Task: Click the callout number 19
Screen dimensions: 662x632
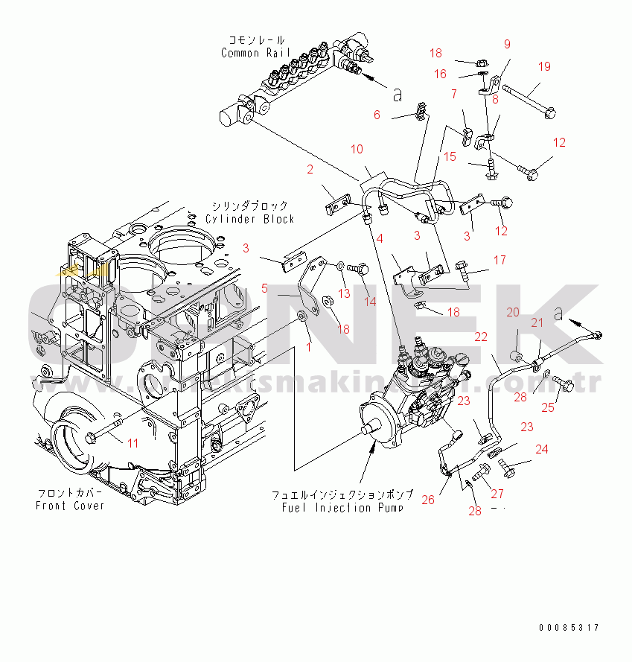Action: coord(544,67)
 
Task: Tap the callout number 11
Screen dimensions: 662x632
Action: coord(133,443)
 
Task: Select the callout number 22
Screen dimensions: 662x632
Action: coord(481,337)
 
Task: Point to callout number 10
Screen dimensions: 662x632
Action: coord(357,150)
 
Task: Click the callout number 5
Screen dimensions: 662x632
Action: coord(264,288)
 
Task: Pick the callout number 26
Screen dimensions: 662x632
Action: coord(377,115)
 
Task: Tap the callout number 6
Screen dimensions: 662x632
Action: coord(377,115)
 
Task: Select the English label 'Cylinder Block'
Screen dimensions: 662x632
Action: coord(250,219)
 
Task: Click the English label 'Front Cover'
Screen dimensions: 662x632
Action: coord(70,506)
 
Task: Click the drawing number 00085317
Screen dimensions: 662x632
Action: coord(569,628)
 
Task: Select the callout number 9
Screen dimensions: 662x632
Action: coord(507,45)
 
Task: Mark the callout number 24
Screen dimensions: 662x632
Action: coord(541,449)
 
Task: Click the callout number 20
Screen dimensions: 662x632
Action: coord(513,313)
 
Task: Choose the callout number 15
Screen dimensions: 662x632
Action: coord(450,156)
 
